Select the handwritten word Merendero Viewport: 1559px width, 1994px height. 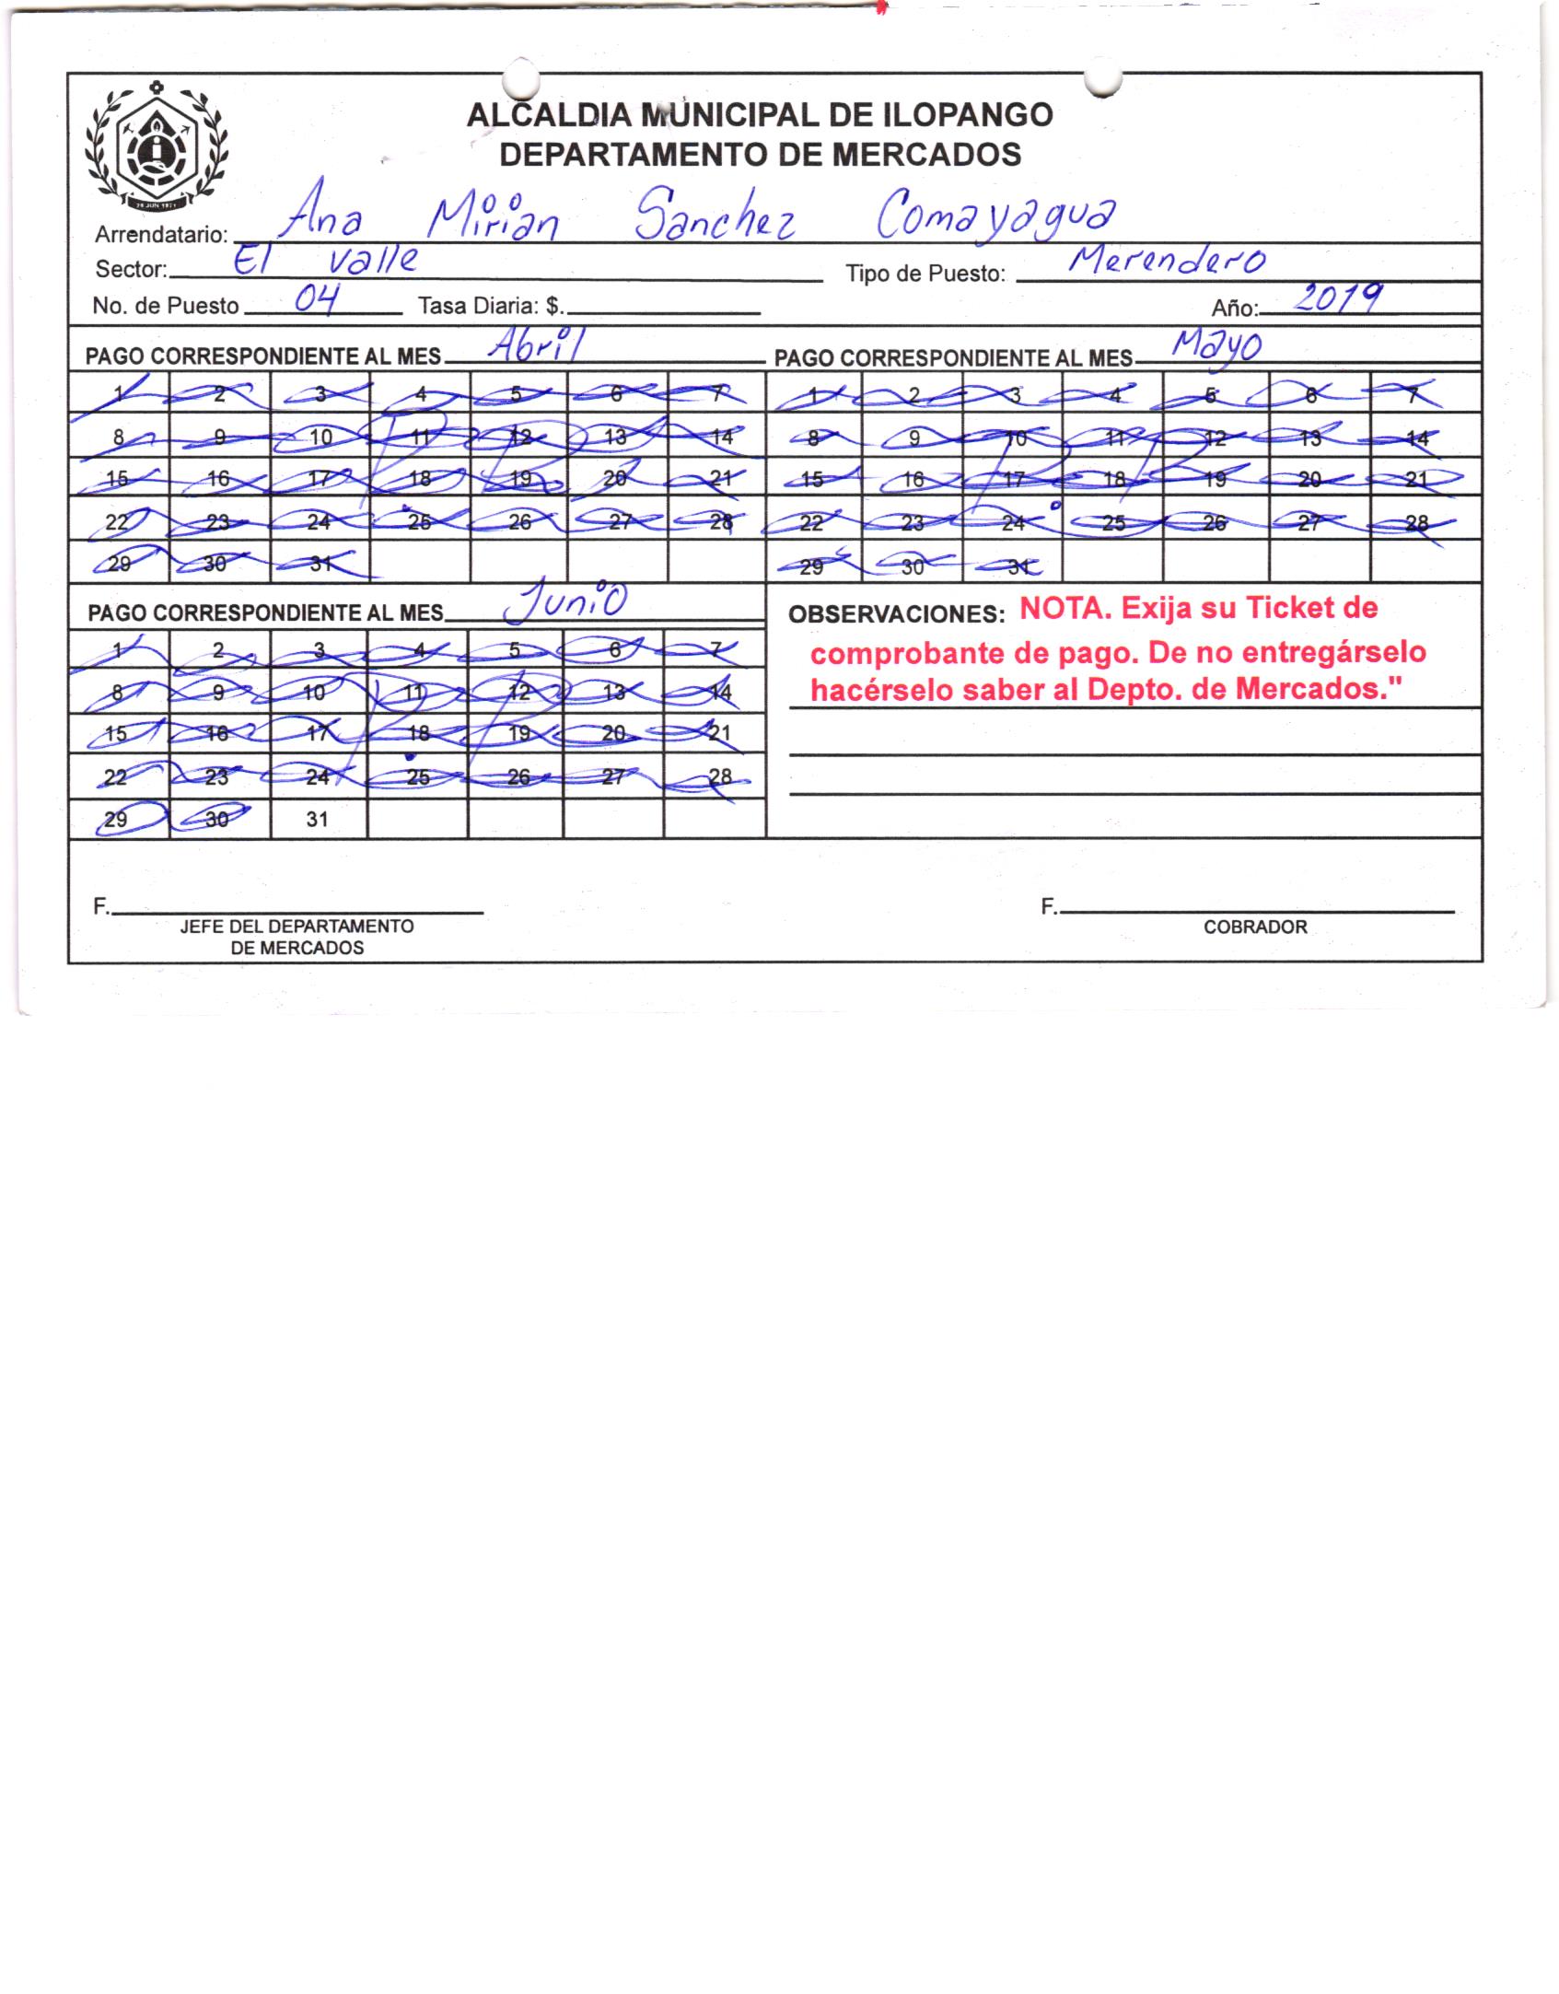point(1166,262)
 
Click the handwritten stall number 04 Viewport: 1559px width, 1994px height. point(314,298)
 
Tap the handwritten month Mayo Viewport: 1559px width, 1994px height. point(1216,346)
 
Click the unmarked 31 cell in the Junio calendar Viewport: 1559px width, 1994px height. point(317,819)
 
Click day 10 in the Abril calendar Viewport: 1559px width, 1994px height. point(320,437)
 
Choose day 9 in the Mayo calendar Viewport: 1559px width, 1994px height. point(914,438)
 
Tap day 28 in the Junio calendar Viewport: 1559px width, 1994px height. point(720,776)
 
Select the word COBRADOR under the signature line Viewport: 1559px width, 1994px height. point(1255,927)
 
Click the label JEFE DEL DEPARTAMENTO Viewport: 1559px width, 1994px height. point(297,927)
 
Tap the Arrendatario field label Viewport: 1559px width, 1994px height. point(160,235)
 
